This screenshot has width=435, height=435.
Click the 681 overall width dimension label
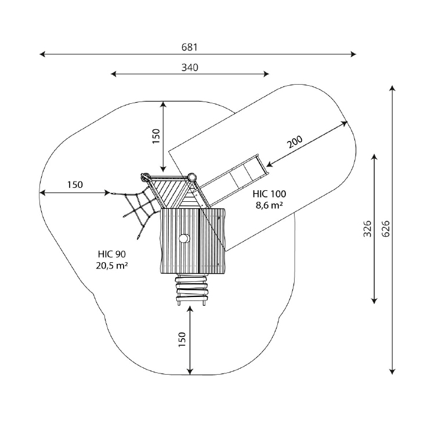tap(190, 47)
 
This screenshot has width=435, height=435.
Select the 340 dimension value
tap(190, 67)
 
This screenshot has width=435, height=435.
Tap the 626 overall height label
tap(386, 229)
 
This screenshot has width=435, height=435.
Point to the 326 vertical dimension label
tap(367, 229)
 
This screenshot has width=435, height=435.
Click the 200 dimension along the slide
tap(295, 142)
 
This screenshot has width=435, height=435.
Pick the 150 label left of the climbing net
tap(75, 184)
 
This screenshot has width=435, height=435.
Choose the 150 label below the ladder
tap(182, 339)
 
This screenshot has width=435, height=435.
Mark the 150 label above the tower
tap(156, 136)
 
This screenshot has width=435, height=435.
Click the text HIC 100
tap(269, 194)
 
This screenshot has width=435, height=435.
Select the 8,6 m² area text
tap(269, 205)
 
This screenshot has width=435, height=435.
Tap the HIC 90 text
tap(112, 254)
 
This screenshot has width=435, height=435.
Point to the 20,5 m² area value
tap(112, 266)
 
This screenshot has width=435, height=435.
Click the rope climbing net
tap(139, 208)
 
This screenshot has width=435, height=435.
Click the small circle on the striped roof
tap(184, 238)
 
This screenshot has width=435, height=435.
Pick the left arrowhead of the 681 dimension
tap(42, 54)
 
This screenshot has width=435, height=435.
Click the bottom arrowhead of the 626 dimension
tap(391, 372)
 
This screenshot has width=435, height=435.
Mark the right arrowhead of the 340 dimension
tap(266, 74)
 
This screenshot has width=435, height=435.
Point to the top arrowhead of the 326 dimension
tap(374, 157)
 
